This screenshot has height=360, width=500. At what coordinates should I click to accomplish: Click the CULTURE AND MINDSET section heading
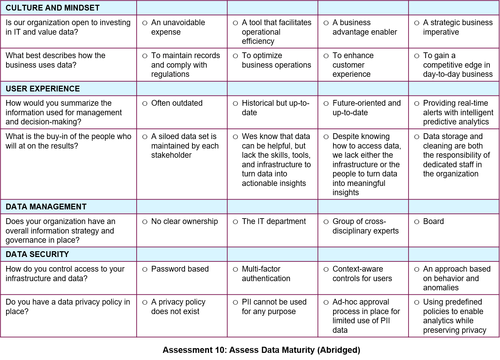pos(53,8)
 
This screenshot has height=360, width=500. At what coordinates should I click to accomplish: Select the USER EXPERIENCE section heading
pos(43,89)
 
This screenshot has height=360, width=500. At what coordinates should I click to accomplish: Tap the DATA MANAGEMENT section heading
pos(46,207)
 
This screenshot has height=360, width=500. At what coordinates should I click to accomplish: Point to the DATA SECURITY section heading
pos(37,254)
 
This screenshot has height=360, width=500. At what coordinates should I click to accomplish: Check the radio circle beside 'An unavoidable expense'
pos(145,23)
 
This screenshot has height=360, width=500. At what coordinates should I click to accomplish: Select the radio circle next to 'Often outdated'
pos(145,104)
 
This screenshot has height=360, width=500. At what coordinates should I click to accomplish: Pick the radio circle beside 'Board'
pos(417,222)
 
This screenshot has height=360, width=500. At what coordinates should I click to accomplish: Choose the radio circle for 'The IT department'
pos(235,222)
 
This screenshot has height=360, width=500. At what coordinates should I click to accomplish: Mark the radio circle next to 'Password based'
pos(145,270)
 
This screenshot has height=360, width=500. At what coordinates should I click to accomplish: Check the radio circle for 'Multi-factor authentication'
pos(235,270)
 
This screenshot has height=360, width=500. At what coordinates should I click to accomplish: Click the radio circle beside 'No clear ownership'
pos(145,222)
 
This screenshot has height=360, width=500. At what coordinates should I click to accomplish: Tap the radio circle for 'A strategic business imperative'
pos(417,23)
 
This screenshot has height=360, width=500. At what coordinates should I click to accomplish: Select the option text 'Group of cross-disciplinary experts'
pos(365,226)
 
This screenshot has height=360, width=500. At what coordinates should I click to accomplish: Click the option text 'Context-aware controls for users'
pos(362,274)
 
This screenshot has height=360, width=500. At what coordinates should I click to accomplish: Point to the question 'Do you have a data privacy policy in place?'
pos(68,307)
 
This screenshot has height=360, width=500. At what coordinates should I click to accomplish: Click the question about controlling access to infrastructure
pos(65,274)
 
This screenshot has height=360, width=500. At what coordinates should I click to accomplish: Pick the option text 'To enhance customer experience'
pos(353,65)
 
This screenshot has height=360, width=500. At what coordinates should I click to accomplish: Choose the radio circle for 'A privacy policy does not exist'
pos(145,303)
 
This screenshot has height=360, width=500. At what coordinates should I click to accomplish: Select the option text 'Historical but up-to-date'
pos(275,108)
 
